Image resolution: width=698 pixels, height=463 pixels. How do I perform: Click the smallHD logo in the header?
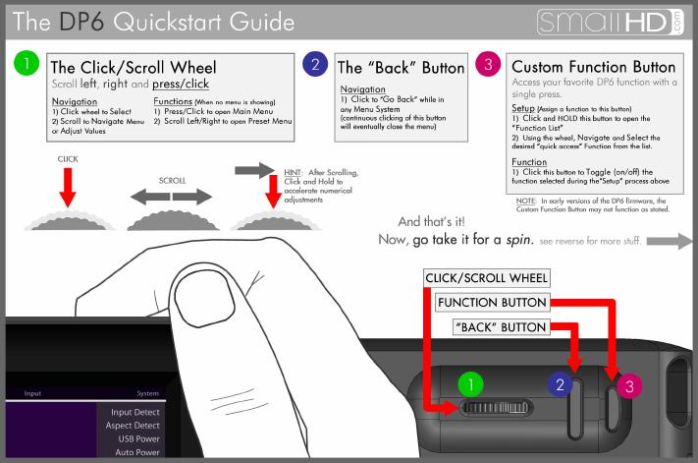click(x=610, y=22)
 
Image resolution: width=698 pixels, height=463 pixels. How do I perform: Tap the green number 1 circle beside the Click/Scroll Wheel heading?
click(x=27, y=63)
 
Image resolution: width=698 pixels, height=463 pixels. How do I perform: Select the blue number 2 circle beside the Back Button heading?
click(x=315, y=64)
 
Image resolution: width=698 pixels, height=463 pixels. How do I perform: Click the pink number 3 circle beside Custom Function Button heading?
click(x=488, y=64)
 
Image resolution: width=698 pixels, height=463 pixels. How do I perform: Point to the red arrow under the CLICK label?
click(x=68, y=187)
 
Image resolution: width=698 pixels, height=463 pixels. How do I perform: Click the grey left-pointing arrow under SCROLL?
click(x=150, y=197)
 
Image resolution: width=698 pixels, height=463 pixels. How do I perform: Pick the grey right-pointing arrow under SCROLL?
click(x=192, y=197)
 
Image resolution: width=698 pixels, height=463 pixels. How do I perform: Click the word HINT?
click(x=293, y=172)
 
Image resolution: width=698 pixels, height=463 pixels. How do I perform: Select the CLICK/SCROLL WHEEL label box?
click(x=487, y=278)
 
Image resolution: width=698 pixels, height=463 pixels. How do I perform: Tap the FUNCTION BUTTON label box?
click(x=493, y=303)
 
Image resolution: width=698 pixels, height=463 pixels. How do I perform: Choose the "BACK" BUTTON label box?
click(x=502, y=327)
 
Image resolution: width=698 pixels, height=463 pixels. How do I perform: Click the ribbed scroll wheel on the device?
click(x=496, y=407)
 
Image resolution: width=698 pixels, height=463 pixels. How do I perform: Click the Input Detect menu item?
click(x=134, y=412)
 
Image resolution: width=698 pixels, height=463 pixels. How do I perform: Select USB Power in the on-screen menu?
click(x=138, y=439)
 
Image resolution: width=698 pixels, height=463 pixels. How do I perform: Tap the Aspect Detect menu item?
click(x=133, y=426)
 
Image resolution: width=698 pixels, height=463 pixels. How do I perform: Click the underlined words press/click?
click(x=181, y=84)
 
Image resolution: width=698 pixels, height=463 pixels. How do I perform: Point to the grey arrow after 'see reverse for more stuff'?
click(x=670, y=241)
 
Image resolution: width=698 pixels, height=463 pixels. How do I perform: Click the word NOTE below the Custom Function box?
click(x=526, y=201)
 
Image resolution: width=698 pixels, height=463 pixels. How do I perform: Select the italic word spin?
click(x=519, y=240)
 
